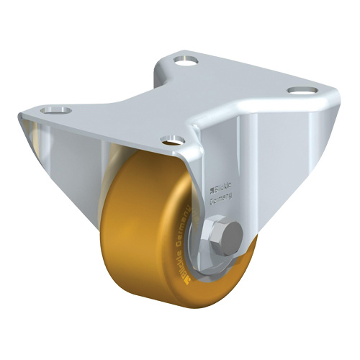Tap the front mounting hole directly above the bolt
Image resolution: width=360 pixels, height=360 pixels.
pyautogui.click(x=171, y=141)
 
